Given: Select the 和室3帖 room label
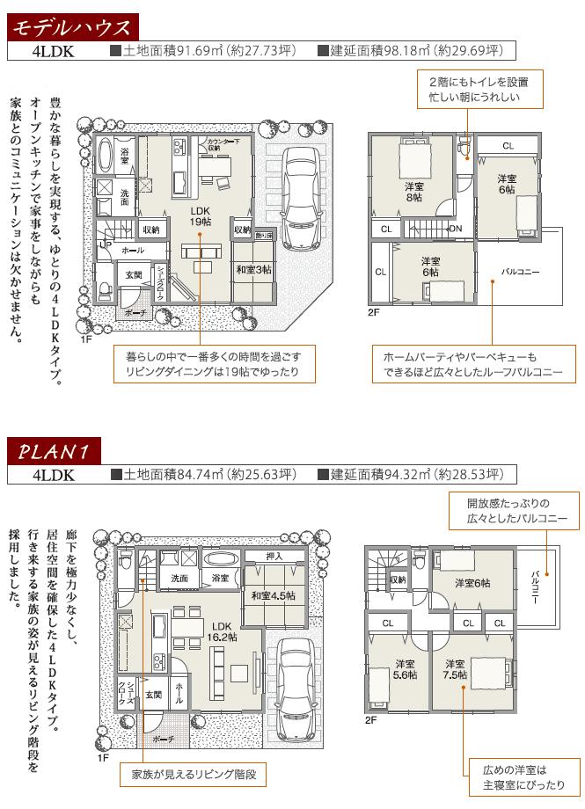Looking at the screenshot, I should tap(253, 270).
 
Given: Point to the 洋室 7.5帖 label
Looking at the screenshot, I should tap(456, 669).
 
